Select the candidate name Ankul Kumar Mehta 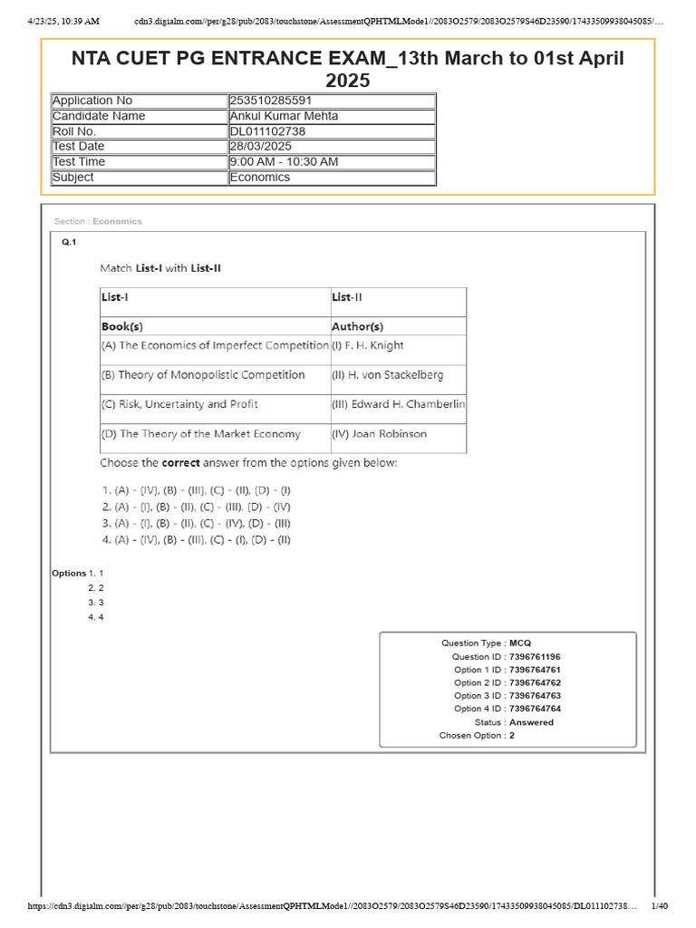tap(285, 116)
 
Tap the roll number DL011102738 tap(267, 131)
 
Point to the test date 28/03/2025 tap(261, 147)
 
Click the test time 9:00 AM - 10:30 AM tap(284, 162)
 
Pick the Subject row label tap(73, 178)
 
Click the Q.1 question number tap(69, 242)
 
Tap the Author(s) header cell tap(357, 326)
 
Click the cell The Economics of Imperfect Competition tap(215, 345)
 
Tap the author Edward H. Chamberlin tap(399, 404)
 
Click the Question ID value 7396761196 tap(535, 656)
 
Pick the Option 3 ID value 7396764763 tap(535, 696)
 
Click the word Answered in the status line tap(531, 722)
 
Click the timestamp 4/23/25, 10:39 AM tap(63, 20)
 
